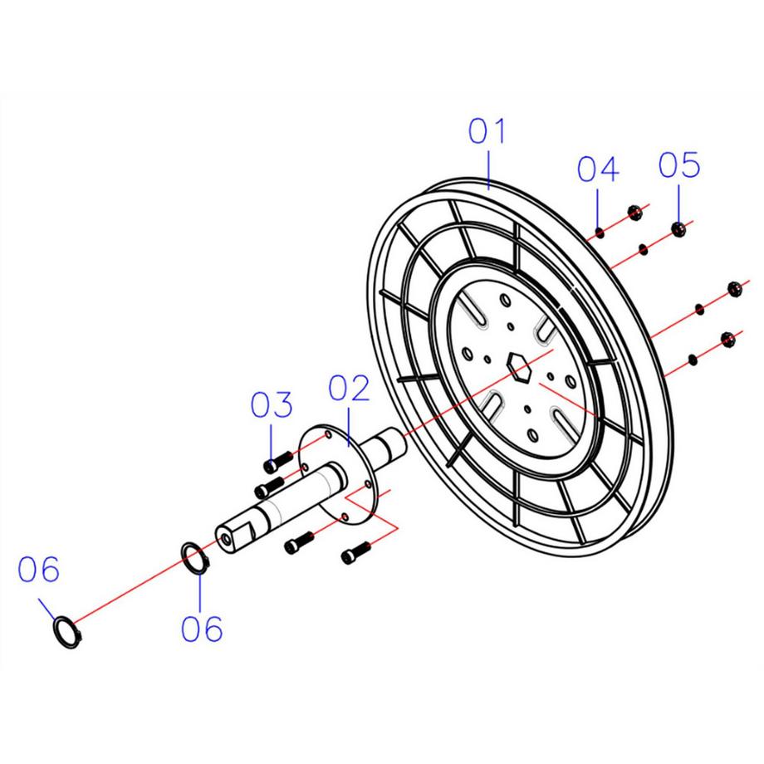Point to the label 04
pyautogui.click(x=598, y=171)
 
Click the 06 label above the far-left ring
pyautogui.click(x=40, y=571)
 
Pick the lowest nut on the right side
pyautogui.click(x=729, y=337)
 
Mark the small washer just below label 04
pyautogui.click(x=599, y=233)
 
